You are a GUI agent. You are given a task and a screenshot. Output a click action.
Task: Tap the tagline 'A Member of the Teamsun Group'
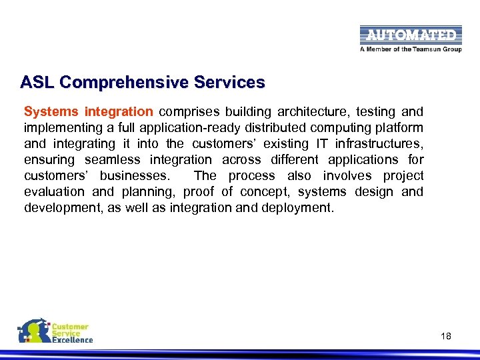(411, 49)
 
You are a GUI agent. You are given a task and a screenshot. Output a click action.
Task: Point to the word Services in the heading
(229, 83)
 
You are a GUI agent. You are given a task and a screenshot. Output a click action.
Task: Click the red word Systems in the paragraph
(51, 112)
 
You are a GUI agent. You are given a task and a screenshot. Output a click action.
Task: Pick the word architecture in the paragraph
(320, 112)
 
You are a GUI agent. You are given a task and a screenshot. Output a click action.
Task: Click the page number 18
(446, 336)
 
